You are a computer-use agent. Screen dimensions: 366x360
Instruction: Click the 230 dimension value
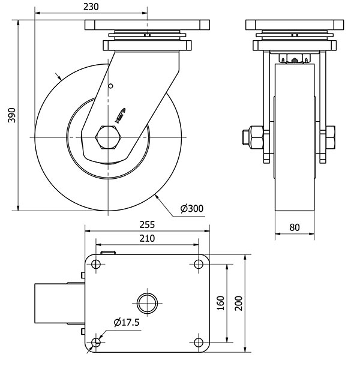[x=91, y=7]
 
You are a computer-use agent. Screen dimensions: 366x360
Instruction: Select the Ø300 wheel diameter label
[x=192, y=209]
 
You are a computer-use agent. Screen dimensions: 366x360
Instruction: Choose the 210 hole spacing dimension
[x=147, y=238]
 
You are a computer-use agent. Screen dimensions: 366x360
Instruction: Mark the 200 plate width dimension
[x=238, y=303]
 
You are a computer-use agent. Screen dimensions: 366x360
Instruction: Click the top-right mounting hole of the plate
[x=198, y=263]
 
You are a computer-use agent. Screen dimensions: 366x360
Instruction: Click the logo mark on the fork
[x=119, y=113]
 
